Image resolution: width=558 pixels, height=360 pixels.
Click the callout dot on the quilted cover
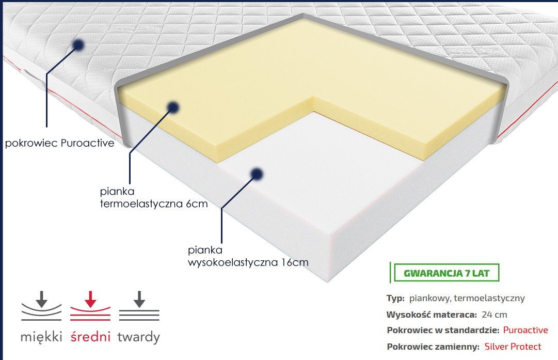pyautogui.click(x=78, y=45)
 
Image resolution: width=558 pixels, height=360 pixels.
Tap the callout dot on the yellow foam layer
pyautogui.click(x=173, y=107)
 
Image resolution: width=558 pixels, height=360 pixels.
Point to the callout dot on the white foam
pyautogui.click(x=257, y=174)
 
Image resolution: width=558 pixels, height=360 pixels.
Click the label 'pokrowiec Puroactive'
pyautogui.click(x=60, y=143)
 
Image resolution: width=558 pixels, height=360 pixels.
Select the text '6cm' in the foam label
pyautogui.click(x=197, y=204)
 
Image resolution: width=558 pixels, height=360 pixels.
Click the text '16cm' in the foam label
pyautogui.click(x=295, y=262)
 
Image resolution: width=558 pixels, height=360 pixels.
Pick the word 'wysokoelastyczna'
pyautogui.click(x=233, y=263)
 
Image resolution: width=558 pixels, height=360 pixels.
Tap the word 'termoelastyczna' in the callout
pyautogui.click(x=141, y=204)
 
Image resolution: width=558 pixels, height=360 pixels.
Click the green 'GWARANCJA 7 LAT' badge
pyautogui.click(x=447, y=273)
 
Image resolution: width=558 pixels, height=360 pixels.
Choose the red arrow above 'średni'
pyautogui.click(x=90, y=299)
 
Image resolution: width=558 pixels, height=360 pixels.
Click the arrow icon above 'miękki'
pyautogui.click(x=42, y=299)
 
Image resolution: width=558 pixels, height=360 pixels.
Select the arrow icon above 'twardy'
pyautogui.click(x=139, y=299)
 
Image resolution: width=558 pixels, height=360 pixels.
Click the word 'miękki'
pyautogui.click(x=41, y=337)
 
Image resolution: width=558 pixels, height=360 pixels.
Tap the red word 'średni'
pyautogui.click(x=90, y=336)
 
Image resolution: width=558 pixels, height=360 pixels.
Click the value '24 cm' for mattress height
pyautogui.click(x=495, y=315)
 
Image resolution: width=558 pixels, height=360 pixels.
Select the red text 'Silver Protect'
pyautogui.click(x=513, y=347)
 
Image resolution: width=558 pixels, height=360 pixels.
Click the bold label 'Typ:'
pyautogui.click(x=395, y=299)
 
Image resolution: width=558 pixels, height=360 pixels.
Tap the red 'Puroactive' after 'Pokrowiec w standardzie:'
pyautogui.click(x=525, y=330)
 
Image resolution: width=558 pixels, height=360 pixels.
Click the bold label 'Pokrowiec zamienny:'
pyautogui.click(x=433, y=347)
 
